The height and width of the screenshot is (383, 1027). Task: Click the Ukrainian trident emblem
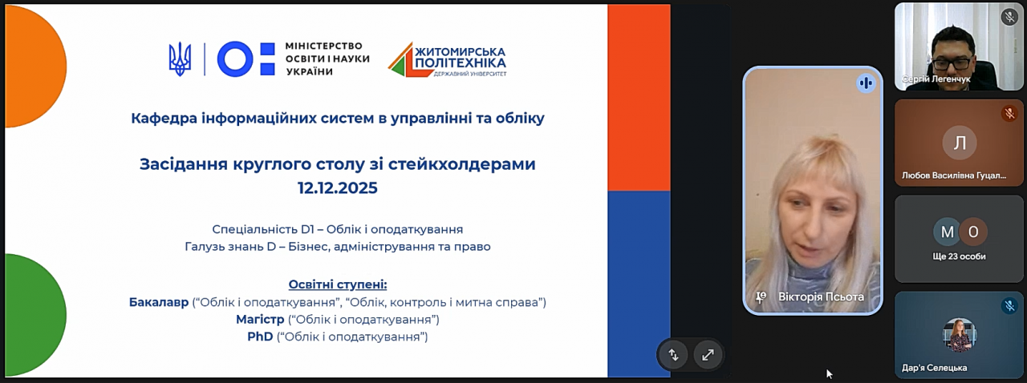tap(181, 59)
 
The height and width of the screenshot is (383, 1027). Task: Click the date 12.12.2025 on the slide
tap(338, 187)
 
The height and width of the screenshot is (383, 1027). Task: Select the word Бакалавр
tap(159, 302)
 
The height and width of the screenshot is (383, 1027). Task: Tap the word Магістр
tap(260, 320)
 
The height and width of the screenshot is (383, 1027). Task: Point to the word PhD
tap(260, 337)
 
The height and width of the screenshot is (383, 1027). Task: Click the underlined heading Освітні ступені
tap(338, 285)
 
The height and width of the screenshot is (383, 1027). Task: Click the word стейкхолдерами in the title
tap(461, 164)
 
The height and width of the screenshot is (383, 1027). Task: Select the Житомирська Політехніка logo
tap(448, 59)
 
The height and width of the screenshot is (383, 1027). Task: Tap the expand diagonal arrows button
tap(708, 355)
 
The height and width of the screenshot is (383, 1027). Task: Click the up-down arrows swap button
tap(673, 355)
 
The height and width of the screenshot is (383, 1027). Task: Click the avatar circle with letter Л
tap(959, 143)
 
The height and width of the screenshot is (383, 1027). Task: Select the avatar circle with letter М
tap(948, 232)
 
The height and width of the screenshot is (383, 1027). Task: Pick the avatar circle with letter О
tap(973, 232)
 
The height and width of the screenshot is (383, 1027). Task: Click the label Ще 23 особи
tap(959, 256)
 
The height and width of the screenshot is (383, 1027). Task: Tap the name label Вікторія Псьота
tap(821, 297)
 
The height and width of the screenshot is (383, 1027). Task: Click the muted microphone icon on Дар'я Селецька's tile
tap(1009, 305)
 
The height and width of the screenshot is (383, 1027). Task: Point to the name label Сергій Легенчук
tap(936, 79)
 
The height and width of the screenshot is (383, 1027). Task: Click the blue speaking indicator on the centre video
tap(866, 83)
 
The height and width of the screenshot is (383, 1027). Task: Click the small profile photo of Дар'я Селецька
tap(959, 335)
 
